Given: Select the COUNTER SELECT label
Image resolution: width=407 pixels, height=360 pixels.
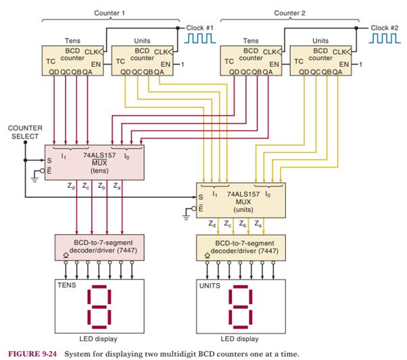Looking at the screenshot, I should (24, 132).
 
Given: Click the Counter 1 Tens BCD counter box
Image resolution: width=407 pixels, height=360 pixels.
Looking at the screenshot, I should (72, 60).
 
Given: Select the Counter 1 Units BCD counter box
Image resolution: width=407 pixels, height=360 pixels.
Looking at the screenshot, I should (141, 60).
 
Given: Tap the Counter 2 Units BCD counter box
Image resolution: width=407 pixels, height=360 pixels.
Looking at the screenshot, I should (321, 60).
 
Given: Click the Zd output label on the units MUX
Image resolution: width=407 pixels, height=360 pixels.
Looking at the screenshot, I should (212, 221).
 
